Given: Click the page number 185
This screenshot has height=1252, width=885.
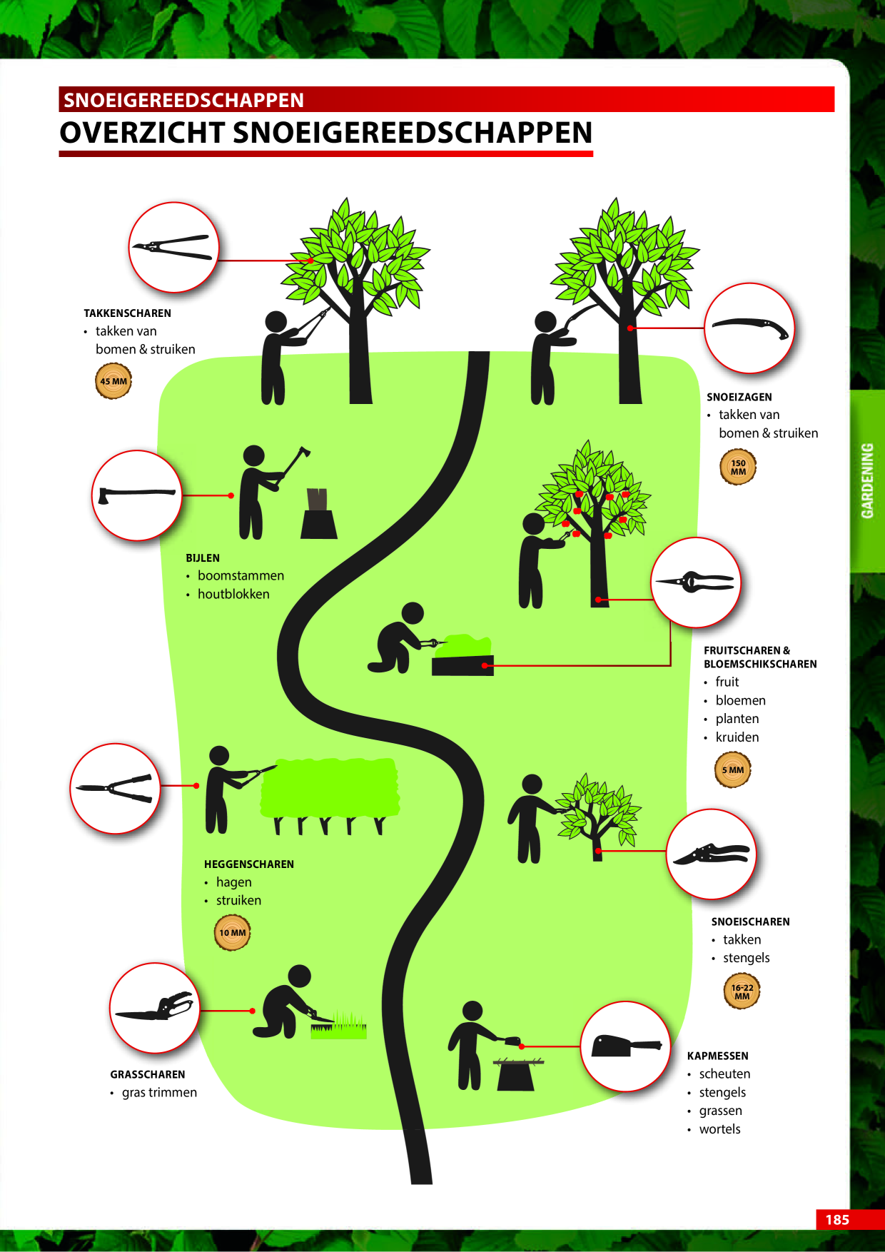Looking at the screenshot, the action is point(837,1219).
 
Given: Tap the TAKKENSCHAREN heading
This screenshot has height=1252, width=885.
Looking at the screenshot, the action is point(127,313).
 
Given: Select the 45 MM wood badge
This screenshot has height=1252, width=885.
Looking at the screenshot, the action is point(113,381).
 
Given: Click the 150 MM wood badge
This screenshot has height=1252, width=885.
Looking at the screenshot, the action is point(738,467).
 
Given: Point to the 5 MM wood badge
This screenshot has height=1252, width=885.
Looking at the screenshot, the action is point(733,770).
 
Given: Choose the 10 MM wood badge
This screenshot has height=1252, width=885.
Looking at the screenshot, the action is point(233,933).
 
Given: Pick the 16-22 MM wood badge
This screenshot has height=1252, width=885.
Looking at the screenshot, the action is point(742,992).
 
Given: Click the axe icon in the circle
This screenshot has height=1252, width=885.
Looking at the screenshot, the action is point(137,495).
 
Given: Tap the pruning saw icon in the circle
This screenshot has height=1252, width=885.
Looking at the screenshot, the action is point(750,328).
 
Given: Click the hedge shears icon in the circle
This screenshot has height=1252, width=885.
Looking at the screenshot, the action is point(115,788).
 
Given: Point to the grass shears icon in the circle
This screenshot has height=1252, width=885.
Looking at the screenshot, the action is point(156,1006).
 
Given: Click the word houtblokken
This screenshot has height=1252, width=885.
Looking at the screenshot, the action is point(233,594).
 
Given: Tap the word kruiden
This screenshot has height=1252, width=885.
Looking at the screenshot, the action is point(737,737).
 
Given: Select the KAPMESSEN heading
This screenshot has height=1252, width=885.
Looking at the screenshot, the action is point(718,1056).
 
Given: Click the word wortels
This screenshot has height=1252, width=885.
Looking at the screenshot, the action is point(720,1129).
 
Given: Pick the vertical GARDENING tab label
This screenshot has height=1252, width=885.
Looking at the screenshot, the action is point(867,480).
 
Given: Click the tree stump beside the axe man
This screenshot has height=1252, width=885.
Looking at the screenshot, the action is point(319,514).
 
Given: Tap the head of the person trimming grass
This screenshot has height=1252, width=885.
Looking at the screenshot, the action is point(300,976).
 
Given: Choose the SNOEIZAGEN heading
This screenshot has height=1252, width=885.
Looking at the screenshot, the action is point(739,397).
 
